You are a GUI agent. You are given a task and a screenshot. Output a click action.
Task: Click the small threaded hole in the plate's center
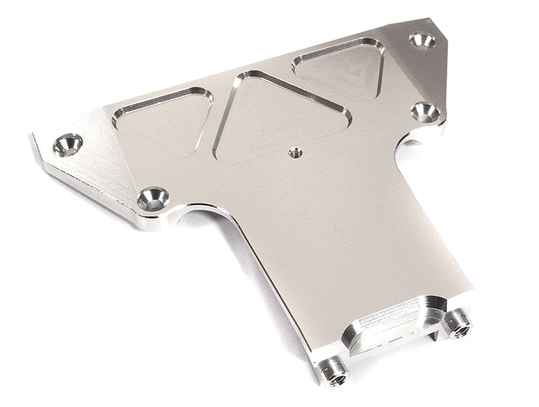[x=294, y=153]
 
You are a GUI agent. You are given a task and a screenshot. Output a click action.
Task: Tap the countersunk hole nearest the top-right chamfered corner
[x=422, y=40]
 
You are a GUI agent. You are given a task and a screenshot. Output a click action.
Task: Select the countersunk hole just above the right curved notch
[x=425, y=111]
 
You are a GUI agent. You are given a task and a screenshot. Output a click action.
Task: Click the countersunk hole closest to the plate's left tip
[x=67, y=144]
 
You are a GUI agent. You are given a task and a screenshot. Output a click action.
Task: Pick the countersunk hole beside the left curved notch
[x=153, y=198]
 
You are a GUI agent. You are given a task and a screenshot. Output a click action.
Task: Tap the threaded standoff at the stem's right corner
[x=459, y=323]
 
